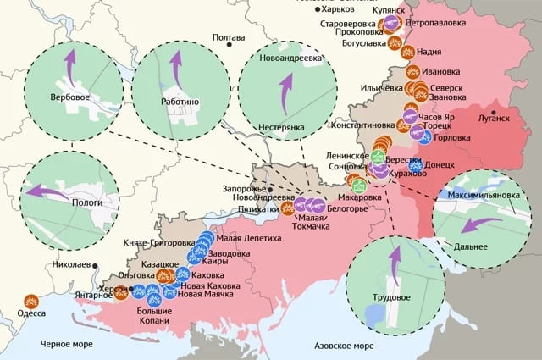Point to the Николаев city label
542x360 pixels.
coord(70,264)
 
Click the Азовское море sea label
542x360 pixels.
coord(344,346)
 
